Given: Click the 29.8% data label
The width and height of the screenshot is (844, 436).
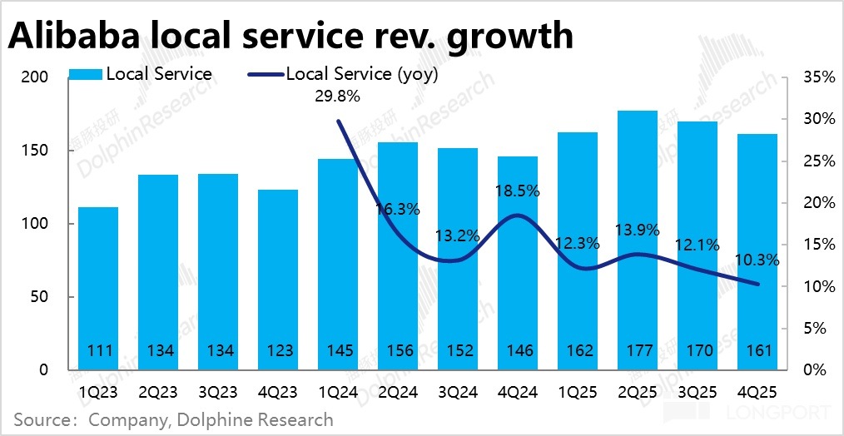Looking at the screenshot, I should pyautogui.click(x=337, y=97).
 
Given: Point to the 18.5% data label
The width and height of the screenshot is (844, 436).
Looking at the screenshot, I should pyautogui.click(x=517, y=191).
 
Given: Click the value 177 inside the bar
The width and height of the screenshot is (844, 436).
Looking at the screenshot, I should pyautogui.click(x=638, y=351).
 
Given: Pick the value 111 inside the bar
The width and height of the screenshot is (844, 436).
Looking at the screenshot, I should pyautogui.click(x=98, y=351).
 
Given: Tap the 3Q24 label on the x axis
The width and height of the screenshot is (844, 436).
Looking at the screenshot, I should pyautogui.click(x=457, y=391).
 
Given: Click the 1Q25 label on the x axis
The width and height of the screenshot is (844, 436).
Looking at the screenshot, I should pyautogui.click(x=577, y=391).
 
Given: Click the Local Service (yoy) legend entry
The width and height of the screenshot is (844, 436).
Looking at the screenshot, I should pyautogui.click(x=361, y=74).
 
